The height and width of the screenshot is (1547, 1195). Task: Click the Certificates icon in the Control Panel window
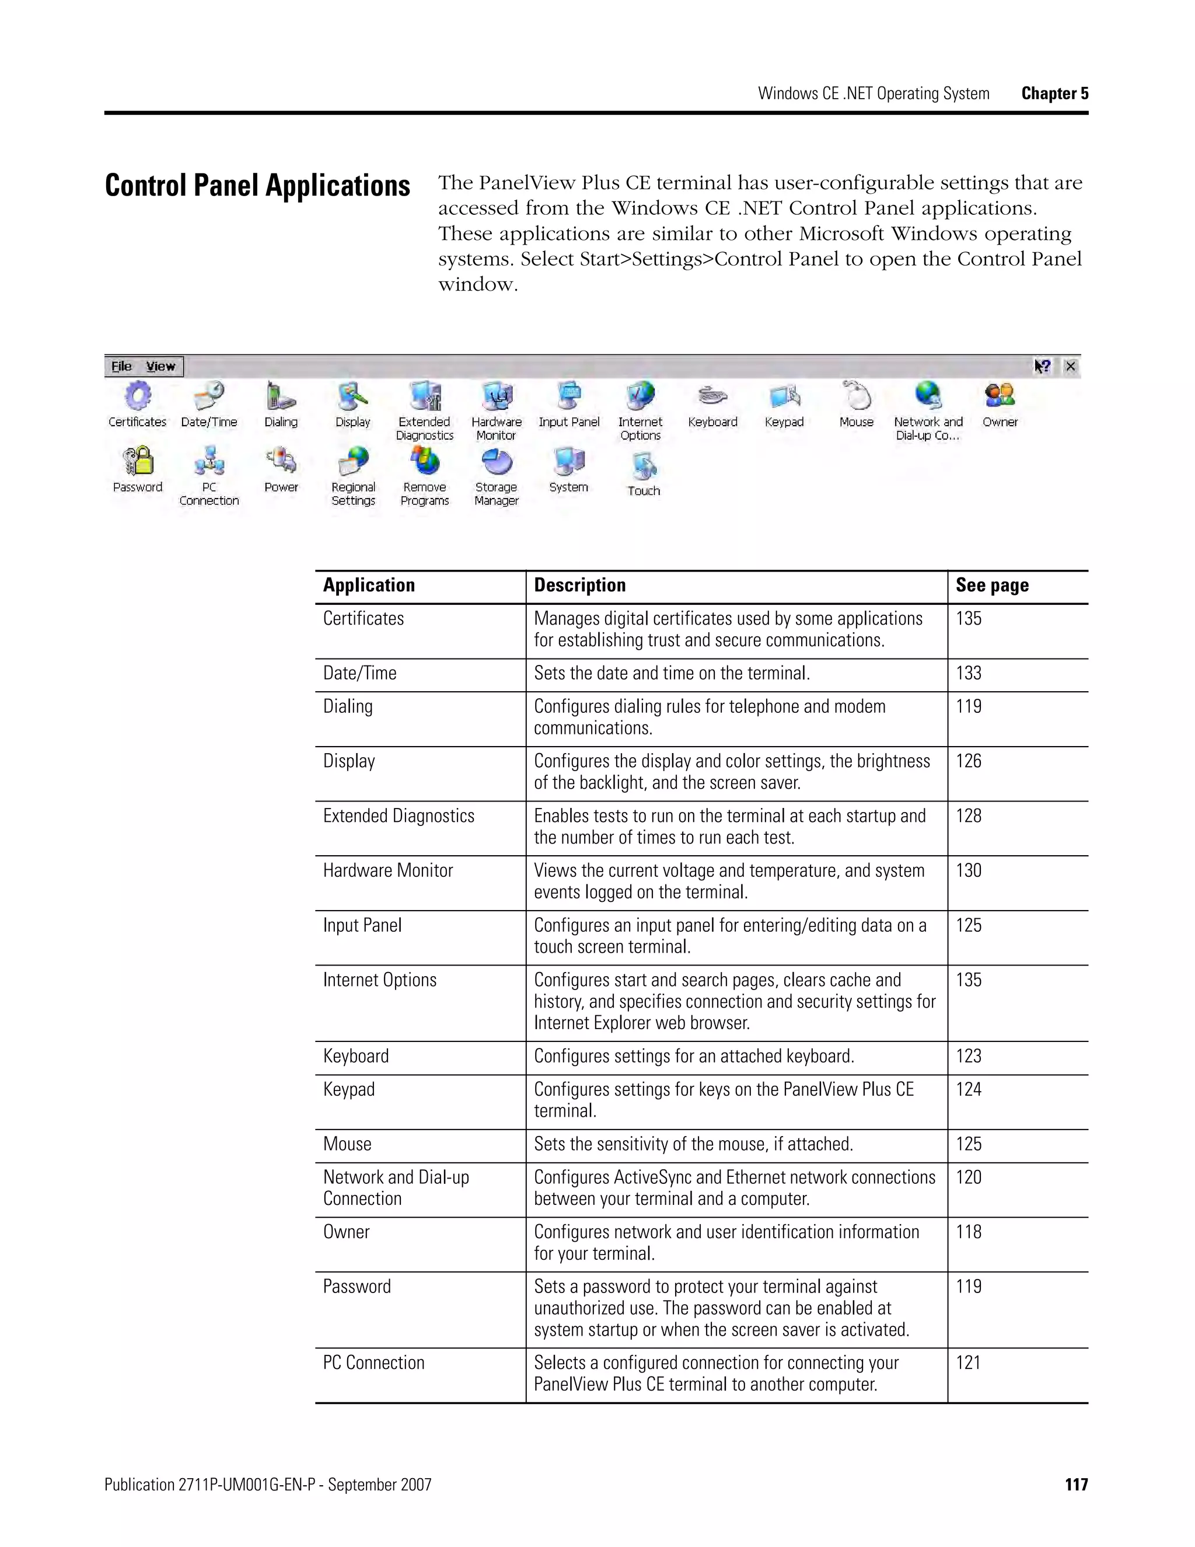pyautogui.click(x=137, y=396)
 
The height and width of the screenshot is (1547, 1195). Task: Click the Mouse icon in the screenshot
pyautogui.click(x=857, y=396)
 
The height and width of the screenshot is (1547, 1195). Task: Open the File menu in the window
pyautogui.click(x=122, y=366)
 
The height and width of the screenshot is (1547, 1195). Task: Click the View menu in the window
pyautogui.click(x=160, y=366)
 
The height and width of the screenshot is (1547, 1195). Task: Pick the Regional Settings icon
pyautogui.click(x=353, y=461)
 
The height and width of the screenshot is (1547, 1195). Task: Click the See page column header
pyautogui.click(x=992, y=585)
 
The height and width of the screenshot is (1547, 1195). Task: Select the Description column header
pyautogui.click(x=580, y=585)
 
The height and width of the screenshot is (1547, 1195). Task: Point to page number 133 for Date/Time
pyautogui.click(x=969, y=673)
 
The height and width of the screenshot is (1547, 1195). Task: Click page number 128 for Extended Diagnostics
pyautogui.click(x=969, y=816)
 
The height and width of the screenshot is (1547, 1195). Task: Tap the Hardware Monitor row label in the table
pyautogui.click(x=388, y=870)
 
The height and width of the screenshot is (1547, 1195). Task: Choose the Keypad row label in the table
pyautogui.click(x=349, y=1089)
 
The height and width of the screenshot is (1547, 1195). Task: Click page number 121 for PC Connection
pyautogui.click(x=968, y=1363)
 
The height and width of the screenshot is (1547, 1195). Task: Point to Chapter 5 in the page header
pyautogui.click(x=1054, y=93)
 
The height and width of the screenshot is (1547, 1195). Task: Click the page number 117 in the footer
pyautogui.click(x=1076, y=1485)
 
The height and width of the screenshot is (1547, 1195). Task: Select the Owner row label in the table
pyautogui.click(x=346, y=1232)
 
